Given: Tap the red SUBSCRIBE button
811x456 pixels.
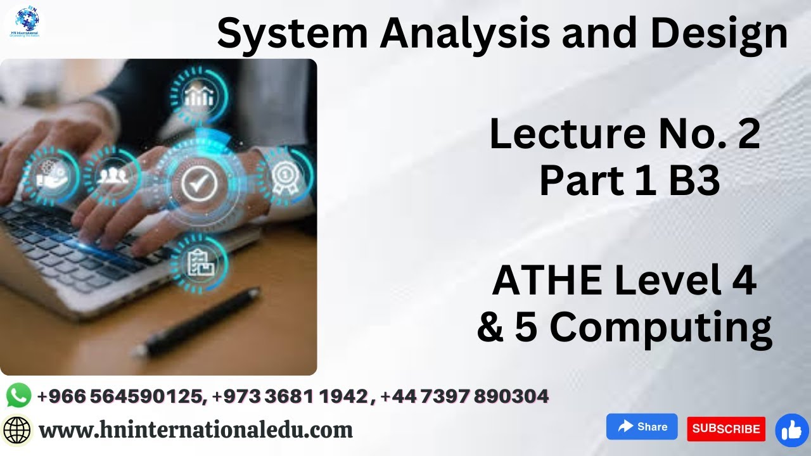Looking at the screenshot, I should (726, 429).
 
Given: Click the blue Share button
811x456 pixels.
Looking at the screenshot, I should (642, 427).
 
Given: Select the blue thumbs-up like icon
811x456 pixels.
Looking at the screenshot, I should (792, 431).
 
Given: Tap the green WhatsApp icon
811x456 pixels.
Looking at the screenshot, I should (18, 396).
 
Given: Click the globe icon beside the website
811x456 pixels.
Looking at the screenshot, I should (17, 431).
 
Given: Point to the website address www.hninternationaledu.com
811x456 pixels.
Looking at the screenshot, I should (196, 430).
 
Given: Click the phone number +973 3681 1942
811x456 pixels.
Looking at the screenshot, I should (290, 396).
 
